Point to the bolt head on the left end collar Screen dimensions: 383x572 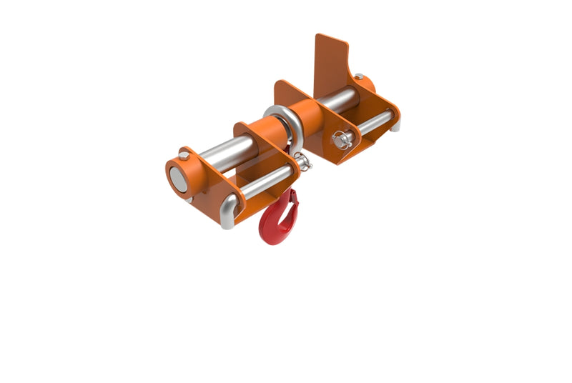[184, 154]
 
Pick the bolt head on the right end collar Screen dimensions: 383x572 [359, 77]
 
